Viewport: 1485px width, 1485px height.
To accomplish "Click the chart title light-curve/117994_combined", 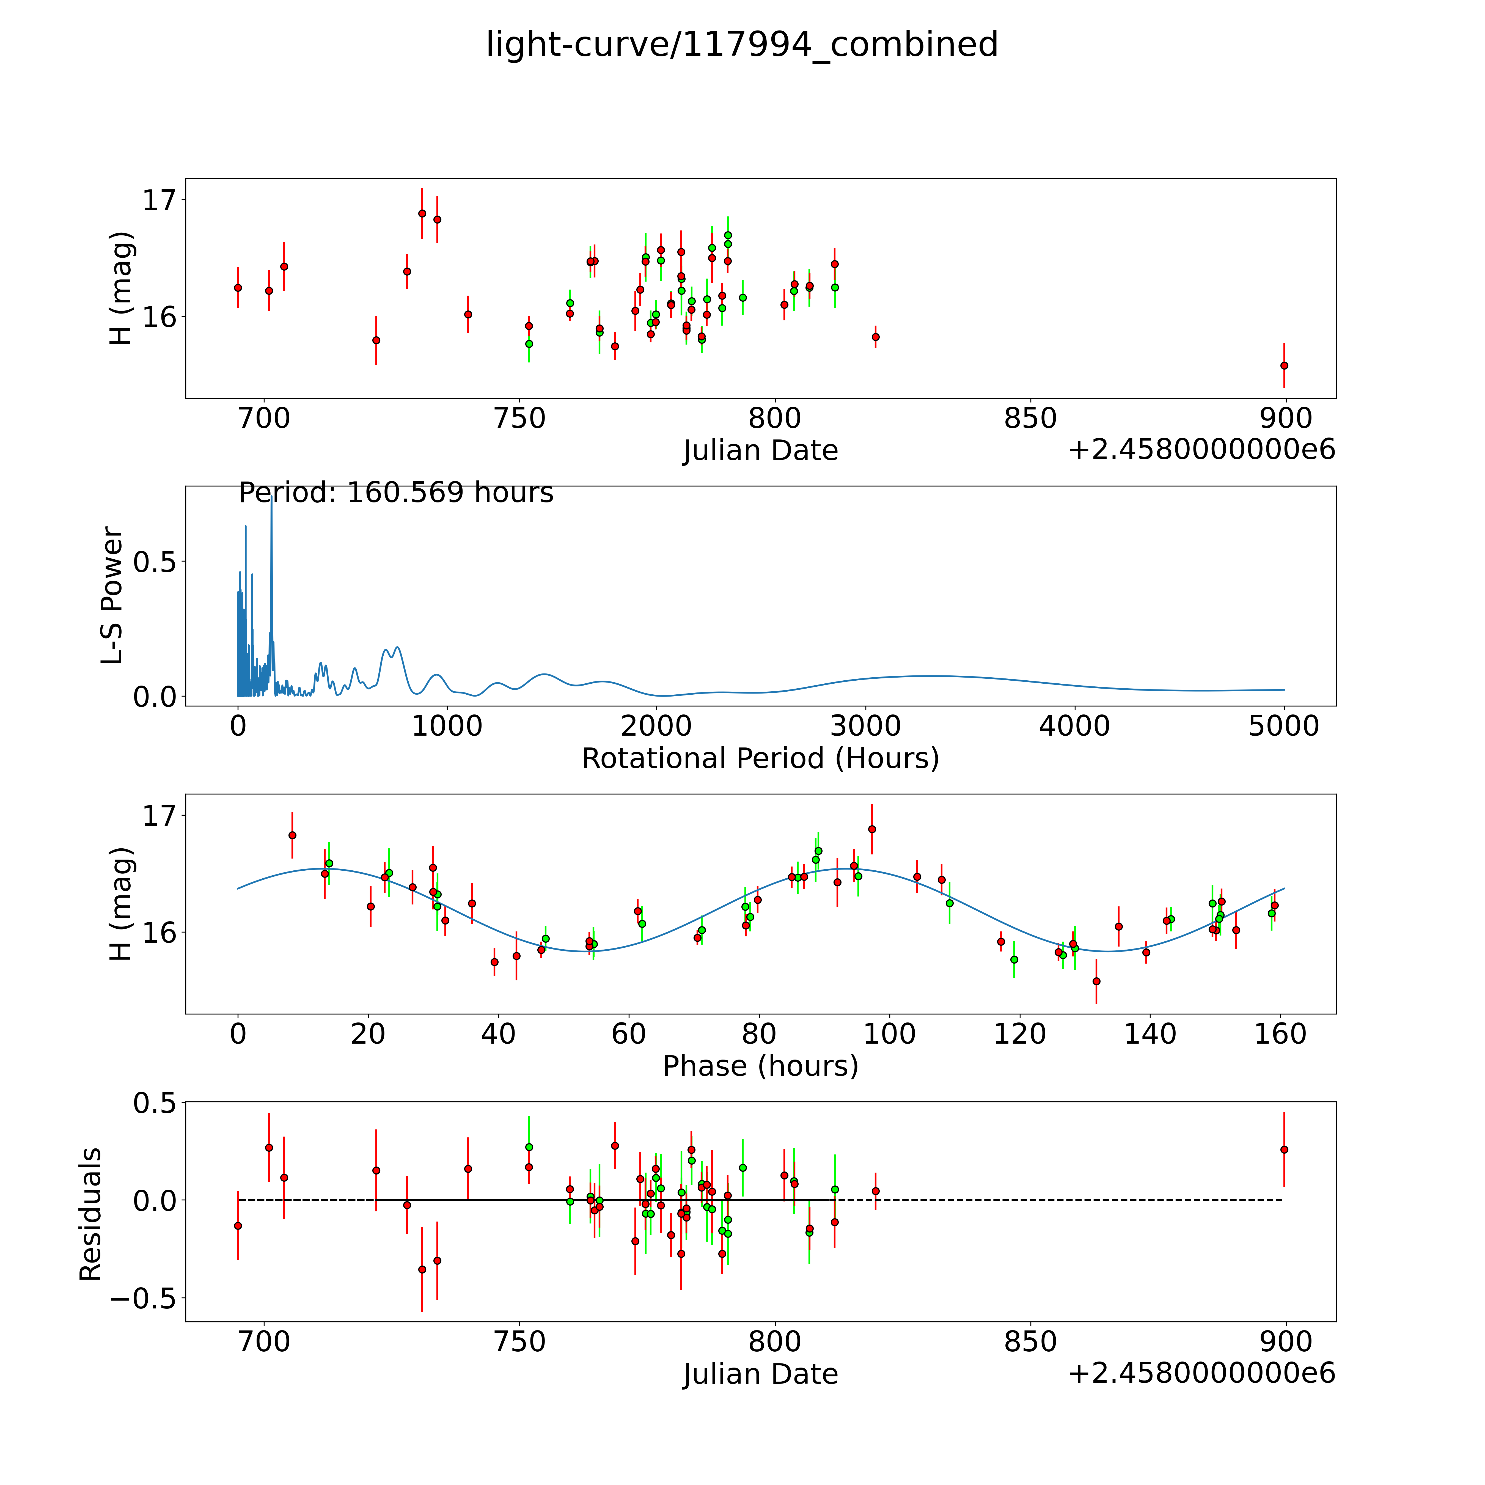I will tap(742, 45).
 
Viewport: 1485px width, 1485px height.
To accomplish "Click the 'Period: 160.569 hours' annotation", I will tap(396, 493).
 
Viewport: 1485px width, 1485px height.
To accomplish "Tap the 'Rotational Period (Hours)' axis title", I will tap(760, 759).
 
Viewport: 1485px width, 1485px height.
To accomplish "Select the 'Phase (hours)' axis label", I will tap(760, 1066).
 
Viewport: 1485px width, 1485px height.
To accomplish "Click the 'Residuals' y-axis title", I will tap(91, 1214).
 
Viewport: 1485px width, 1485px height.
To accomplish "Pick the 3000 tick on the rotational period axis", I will tap(865, 726).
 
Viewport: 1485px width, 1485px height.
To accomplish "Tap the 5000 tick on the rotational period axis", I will tap(1284, 726).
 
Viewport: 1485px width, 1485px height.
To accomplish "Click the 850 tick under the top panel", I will tap(1030, 419).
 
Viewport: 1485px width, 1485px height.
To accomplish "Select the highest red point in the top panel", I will tap(422, 214).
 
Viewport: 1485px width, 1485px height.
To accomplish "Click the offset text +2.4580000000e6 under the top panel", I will tap(1201, 450).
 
